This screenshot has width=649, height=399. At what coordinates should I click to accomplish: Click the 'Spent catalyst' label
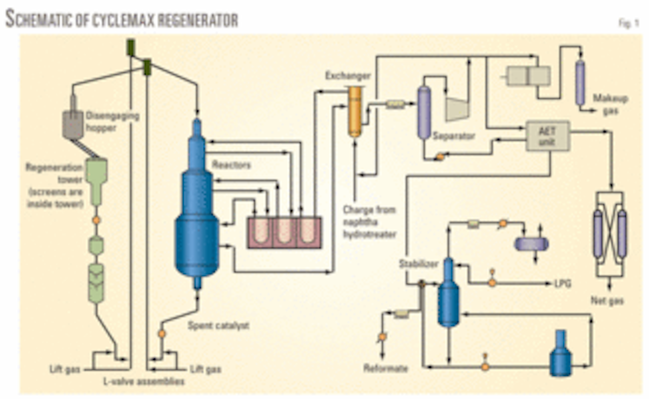(211, 326)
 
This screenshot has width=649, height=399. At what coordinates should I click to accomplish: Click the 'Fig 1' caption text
(627, 23)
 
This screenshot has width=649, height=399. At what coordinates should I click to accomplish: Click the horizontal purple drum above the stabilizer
(531, 244)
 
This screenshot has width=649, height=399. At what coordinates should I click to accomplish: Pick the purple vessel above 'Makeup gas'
(580, 82)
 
